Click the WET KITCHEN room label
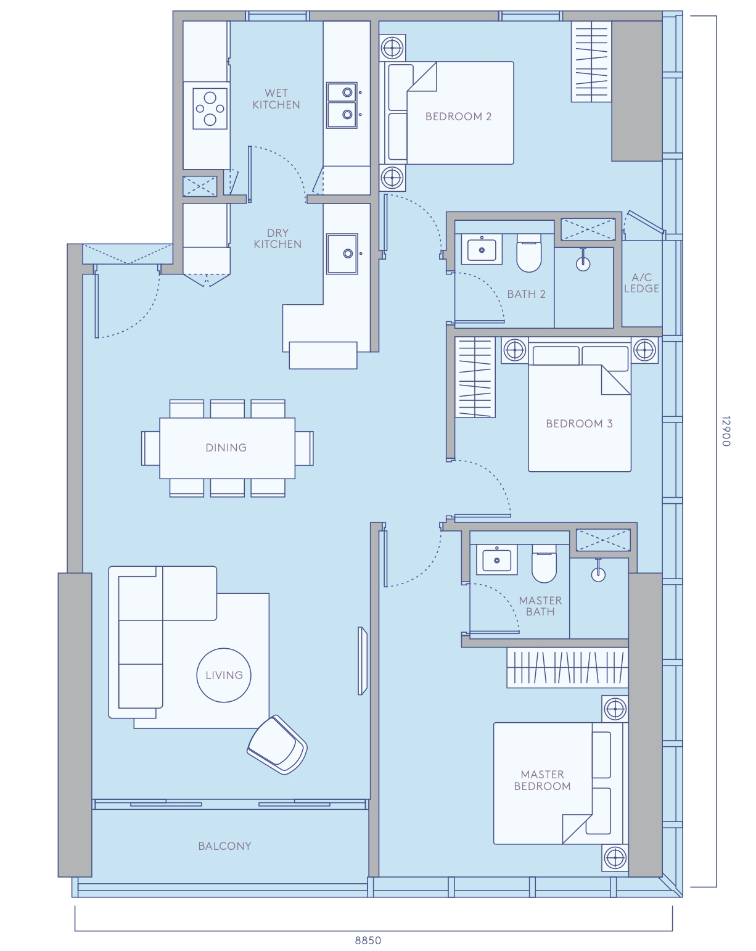coord(276,99)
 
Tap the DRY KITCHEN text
coord(277,239)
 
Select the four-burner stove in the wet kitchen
coord(210,109)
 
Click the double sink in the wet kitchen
coord(342,105)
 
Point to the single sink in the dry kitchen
coord(342,254)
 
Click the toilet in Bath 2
coord(529,253)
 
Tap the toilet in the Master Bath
coord(544,564)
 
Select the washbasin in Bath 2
coord(482,250)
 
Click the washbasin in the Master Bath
coord(496,560)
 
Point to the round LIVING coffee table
coord(224,675)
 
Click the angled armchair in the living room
coord(277,744)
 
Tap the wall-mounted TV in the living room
coord(363,661)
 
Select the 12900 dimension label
coord(726,431)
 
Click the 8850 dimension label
coord(368,941)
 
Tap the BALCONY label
coord(224,846)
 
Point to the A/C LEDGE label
coord(641,283)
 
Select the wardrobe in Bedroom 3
coord(475,377)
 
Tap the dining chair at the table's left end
coord(150,448)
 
